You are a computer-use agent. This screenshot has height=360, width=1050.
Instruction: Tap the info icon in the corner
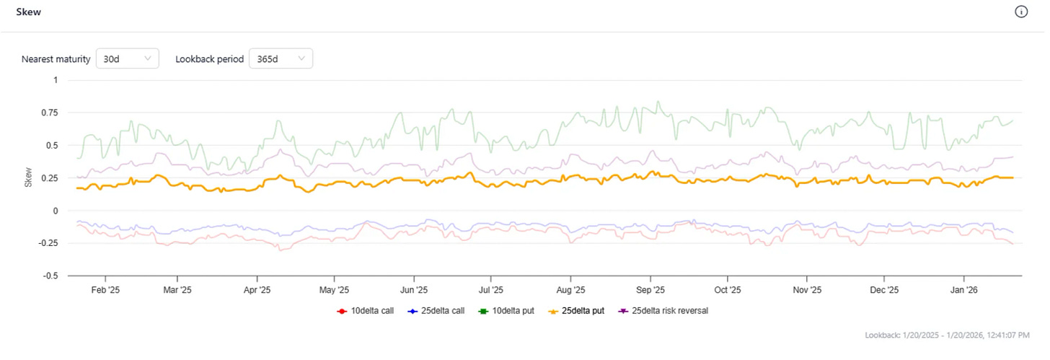1020,12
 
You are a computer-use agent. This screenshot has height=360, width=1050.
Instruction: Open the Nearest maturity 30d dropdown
127,59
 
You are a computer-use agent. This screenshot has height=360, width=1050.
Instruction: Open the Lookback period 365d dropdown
281,59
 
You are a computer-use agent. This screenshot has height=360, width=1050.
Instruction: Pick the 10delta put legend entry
508,311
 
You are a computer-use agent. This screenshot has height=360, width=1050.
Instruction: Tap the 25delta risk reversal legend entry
669,311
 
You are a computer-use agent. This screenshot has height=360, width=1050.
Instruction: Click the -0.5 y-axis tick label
49,276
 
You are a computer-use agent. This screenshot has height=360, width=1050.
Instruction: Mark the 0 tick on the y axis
55,211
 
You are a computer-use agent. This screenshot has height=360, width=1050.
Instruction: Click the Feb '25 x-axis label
105,290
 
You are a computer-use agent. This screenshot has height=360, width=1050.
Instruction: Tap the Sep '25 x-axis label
650,290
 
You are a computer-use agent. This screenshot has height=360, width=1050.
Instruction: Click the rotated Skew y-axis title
29,178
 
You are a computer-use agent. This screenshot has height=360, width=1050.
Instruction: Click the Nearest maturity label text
56,59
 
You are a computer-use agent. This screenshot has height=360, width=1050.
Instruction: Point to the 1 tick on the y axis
55,80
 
